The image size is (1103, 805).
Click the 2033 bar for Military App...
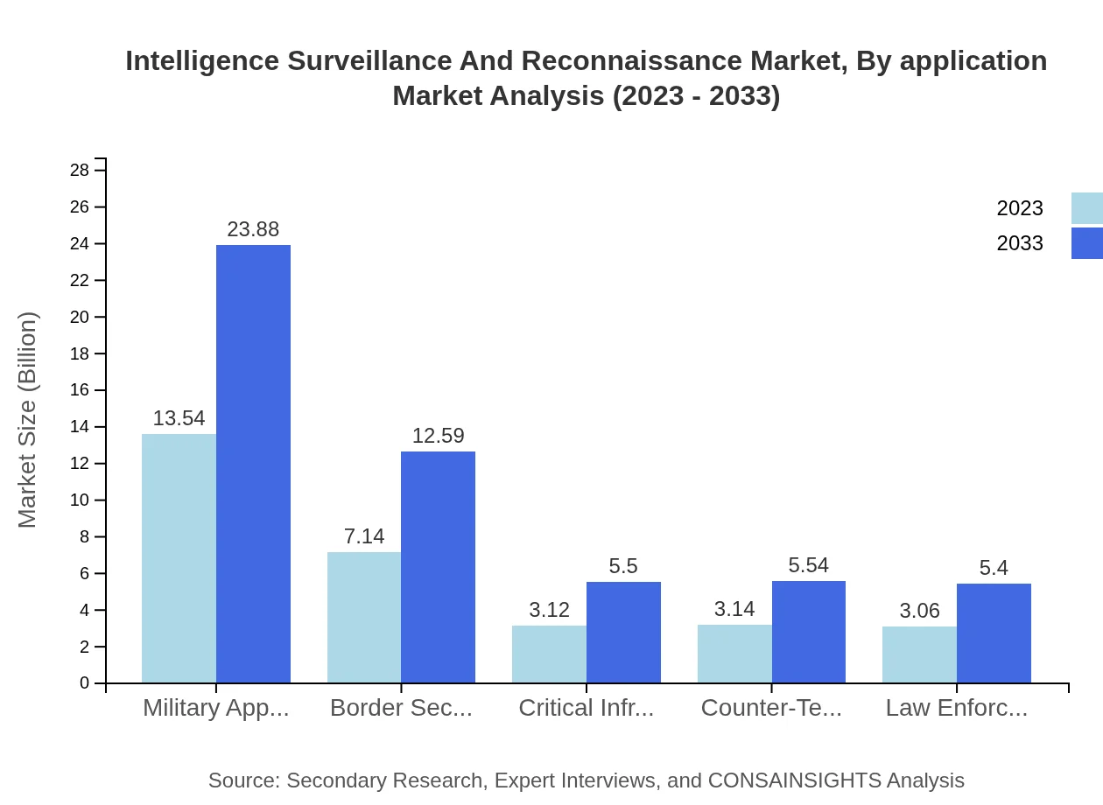click(253, 464)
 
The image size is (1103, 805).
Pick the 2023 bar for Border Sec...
click(364, 617)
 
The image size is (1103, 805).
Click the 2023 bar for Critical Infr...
click(549, 654)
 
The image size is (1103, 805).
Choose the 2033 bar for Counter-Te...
click(809, 632)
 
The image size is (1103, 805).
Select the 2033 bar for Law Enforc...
click(994, 633)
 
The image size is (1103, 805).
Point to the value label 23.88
click(253, 229)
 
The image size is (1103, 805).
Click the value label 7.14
click(364, 536)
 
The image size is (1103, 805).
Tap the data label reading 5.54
click(808, 565)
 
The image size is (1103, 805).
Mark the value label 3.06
click(919, 611)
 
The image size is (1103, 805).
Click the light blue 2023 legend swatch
click(1087, 208)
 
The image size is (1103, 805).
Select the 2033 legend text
click(1020, 243)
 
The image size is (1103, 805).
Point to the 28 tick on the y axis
click(80, 170)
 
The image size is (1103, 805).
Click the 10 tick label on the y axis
click(80, 500)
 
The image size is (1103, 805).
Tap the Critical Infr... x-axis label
click(587, 708)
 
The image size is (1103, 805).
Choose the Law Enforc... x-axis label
click(957, 708)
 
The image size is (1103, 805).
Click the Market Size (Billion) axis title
click(27, 420)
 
